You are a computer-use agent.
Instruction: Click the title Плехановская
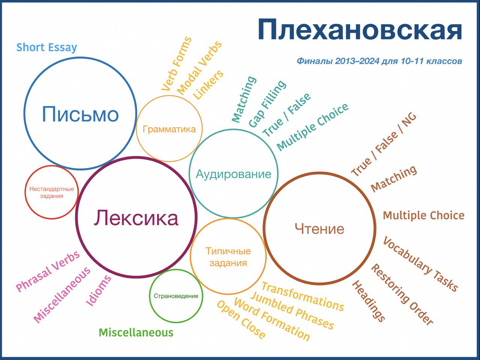[360, 29]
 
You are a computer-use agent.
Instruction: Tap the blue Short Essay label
[47, 47]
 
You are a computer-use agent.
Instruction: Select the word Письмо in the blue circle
[80, 114]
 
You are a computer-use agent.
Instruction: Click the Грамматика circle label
[169, 129]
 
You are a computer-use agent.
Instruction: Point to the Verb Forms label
[177, 64]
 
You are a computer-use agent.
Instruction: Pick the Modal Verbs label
[199, 68]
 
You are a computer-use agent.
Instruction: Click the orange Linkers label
[208, 85]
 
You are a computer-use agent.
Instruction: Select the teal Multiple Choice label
[312, 127]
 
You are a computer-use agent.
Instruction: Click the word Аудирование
[233, 174]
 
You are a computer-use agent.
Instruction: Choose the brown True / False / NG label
[384, 145]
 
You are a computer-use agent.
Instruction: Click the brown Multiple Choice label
[424, 216]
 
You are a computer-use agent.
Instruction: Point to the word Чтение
[319, 229]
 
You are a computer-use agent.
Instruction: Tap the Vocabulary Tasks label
[420, 264]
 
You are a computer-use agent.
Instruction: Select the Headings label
[369, 301]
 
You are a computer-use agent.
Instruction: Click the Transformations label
[303, 297]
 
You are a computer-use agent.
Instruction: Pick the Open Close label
[241, 319]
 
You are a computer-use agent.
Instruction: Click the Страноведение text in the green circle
[176, 296]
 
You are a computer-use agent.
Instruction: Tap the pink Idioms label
[98, 291]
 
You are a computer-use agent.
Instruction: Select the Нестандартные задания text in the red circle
[52, 192]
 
